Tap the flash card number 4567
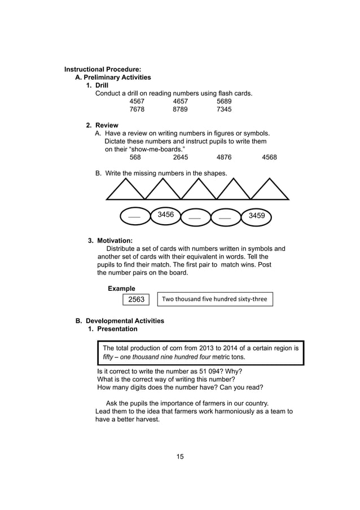[137, 102]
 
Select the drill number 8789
[181, 110]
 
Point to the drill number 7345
[224, 110]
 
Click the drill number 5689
[224, 102]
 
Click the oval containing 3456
[166, 215]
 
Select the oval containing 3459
[257, 216]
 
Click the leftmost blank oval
[134, 216]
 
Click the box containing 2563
[137, 299]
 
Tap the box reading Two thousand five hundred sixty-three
[214, 299]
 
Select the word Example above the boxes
[121, 289]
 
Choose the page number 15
[180, 456]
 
